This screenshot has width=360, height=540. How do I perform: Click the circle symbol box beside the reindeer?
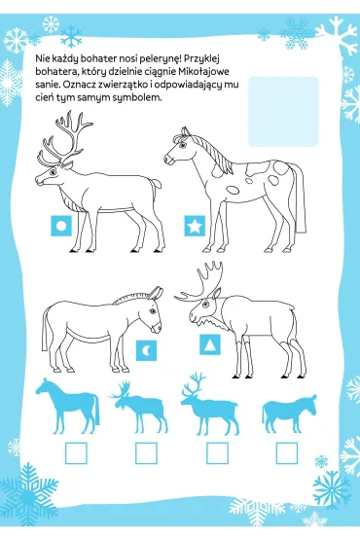tap(61, 226)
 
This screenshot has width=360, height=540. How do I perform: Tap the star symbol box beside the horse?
tap(195, 226)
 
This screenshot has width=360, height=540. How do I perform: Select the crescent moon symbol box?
tap(146, 350)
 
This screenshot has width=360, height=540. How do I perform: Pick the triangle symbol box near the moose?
tap(210, 344)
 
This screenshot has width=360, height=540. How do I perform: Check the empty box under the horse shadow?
tap(76, 453)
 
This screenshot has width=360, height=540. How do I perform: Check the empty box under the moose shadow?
tap(146, 453)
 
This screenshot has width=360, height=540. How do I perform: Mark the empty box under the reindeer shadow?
tap(217, 453)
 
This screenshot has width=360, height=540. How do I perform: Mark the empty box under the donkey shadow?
tap(287, 453)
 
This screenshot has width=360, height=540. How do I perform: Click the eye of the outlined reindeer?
tap(54, 171)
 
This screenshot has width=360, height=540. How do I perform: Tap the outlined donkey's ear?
tap(157, 293)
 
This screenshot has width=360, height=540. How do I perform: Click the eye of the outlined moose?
tap(205, 305)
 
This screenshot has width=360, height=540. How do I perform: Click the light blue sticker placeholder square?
tap(283, 111)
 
